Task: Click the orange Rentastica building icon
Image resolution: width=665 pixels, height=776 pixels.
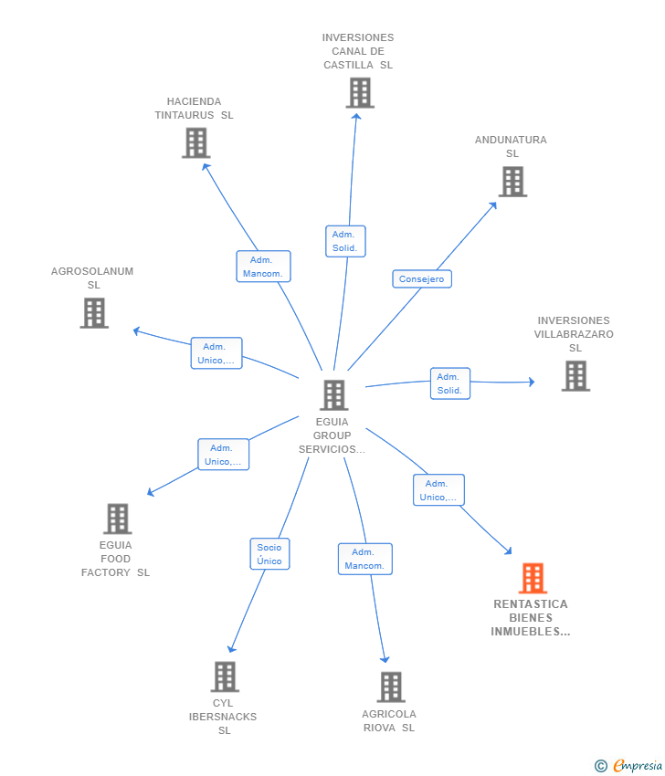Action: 533,578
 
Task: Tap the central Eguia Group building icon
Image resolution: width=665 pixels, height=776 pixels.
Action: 334,395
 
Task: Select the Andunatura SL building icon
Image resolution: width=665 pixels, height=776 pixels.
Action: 513,182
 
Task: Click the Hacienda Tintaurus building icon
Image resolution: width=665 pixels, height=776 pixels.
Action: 196,143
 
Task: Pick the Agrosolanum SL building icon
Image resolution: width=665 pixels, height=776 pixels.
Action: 94,313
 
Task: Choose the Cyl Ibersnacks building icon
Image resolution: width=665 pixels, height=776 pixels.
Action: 225,676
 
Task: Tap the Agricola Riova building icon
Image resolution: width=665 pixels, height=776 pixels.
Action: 391,687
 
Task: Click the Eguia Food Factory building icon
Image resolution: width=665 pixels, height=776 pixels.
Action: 118,519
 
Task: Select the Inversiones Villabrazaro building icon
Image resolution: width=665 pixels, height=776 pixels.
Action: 575,375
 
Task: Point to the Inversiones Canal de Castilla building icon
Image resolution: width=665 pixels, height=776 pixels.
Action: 360,92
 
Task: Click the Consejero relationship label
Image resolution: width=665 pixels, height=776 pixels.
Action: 422,279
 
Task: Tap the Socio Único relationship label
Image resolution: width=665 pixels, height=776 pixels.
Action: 269,554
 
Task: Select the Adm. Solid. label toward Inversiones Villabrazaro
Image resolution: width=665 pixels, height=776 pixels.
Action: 450,383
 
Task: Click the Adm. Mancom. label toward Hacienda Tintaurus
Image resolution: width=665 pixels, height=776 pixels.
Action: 263,267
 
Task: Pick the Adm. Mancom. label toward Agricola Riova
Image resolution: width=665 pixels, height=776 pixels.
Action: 365,560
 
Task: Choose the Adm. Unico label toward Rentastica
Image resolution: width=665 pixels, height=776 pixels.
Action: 438,490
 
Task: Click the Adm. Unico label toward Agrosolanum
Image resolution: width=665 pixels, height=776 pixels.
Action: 216,353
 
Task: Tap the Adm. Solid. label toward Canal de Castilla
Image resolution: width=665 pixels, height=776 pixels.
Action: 345,242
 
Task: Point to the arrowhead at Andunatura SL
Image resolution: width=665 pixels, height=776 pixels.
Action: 492,205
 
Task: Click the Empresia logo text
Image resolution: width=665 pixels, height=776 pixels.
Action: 638,766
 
